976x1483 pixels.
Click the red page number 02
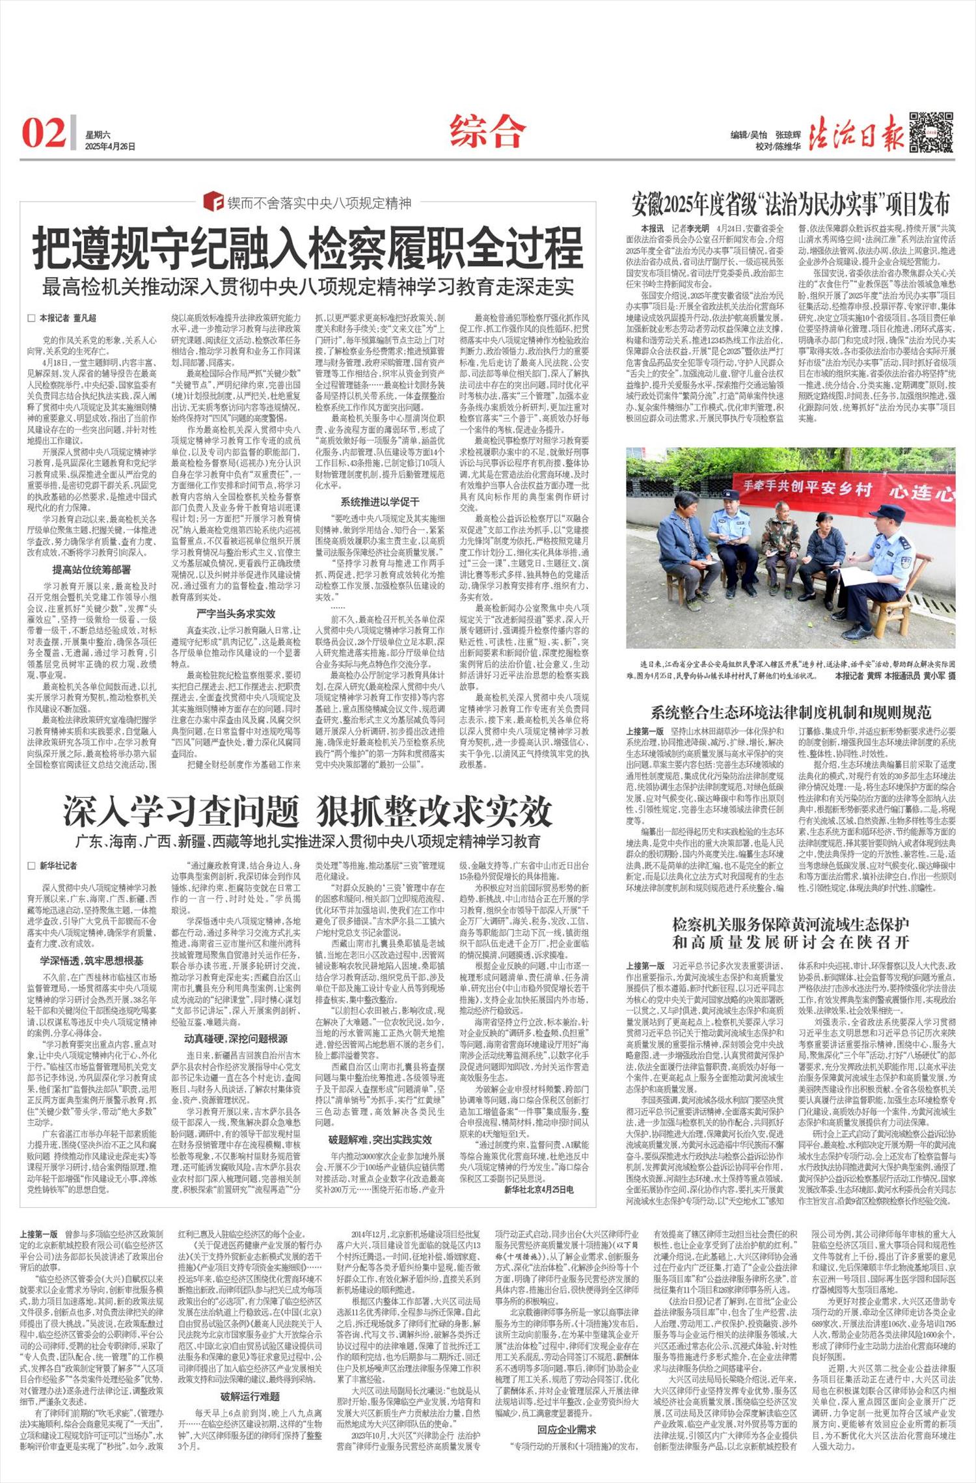coord(44,133)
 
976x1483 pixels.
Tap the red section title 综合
coord(487,131)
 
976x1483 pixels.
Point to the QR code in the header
coord(931,132)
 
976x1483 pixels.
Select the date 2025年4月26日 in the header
coord(110,147)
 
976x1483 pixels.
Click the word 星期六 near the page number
coord(98,135)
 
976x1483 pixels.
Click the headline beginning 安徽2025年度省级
coord(791,204)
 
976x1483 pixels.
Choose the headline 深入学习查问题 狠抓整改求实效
coord(308,811)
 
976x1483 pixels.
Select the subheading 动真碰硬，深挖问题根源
coord(236,1038)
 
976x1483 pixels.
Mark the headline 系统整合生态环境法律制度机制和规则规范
coord(791,711)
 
